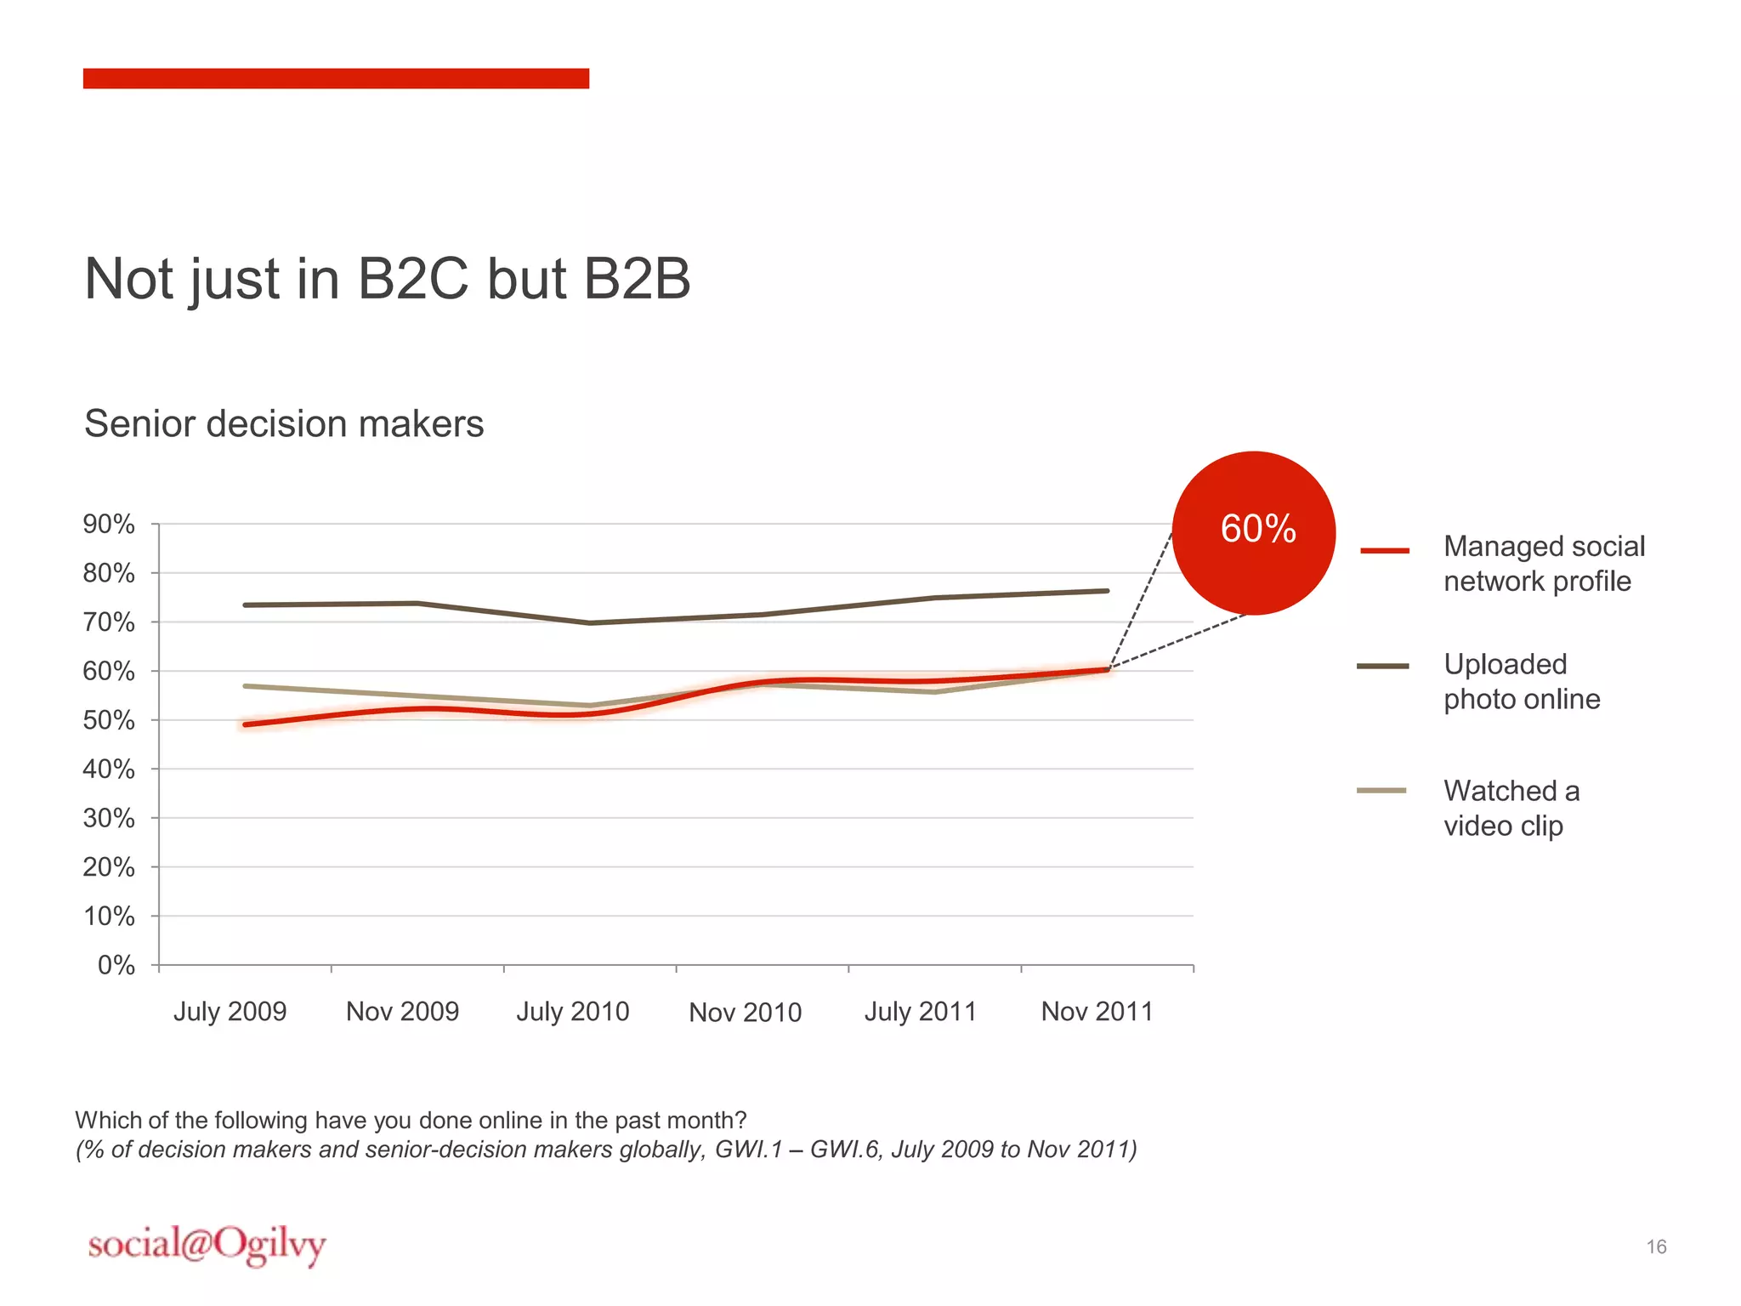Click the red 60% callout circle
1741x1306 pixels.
click(1254, 533)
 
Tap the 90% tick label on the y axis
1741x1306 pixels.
click(109, 524)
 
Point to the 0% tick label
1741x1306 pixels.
click(116, 965)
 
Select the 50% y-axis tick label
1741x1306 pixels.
click(109, 720)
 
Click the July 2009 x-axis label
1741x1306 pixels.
click(230, 1011)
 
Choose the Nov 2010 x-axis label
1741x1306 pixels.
click(745, 1012)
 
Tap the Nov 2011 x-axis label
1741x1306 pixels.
click(1097, 1011)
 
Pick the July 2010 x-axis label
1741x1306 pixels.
click(573, 1011)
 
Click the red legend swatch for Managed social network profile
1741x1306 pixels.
click(1385, 551)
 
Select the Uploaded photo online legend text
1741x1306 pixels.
click(1522, 681)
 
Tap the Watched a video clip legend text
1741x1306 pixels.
click(1511, 808)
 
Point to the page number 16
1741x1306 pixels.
click(1656, 1246)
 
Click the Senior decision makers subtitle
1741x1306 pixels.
click(284, 423)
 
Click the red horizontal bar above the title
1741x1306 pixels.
click(336, 78)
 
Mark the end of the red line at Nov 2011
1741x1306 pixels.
click(1107, 670)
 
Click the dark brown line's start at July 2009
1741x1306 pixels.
click(246, 605)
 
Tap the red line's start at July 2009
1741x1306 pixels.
click(246, 724)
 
